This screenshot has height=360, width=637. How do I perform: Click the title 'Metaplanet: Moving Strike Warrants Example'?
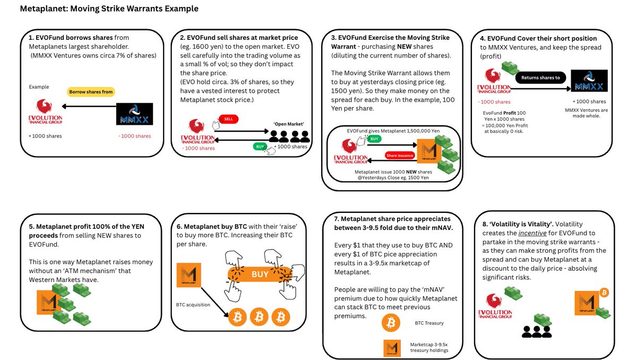tap(109, 9)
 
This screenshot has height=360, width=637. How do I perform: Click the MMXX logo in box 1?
tap(134, 114)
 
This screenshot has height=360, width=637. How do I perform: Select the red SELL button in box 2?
tap(229, 119)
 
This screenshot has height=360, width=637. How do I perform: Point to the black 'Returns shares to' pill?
tap(541, 77)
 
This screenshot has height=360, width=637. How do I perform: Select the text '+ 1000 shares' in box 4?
tap(589, 101)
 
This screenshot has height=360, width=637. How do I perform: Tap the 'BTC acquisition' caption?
tap(194, 305)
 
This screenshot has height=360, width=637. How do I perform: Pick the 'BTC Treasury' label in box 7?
tap(429, 323)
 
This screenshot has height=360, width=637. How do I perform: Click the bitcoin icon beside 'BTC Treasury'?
tap(392, 323)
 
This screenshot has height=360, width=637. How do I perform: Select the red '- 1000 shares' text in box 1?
tap(134, 136)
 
